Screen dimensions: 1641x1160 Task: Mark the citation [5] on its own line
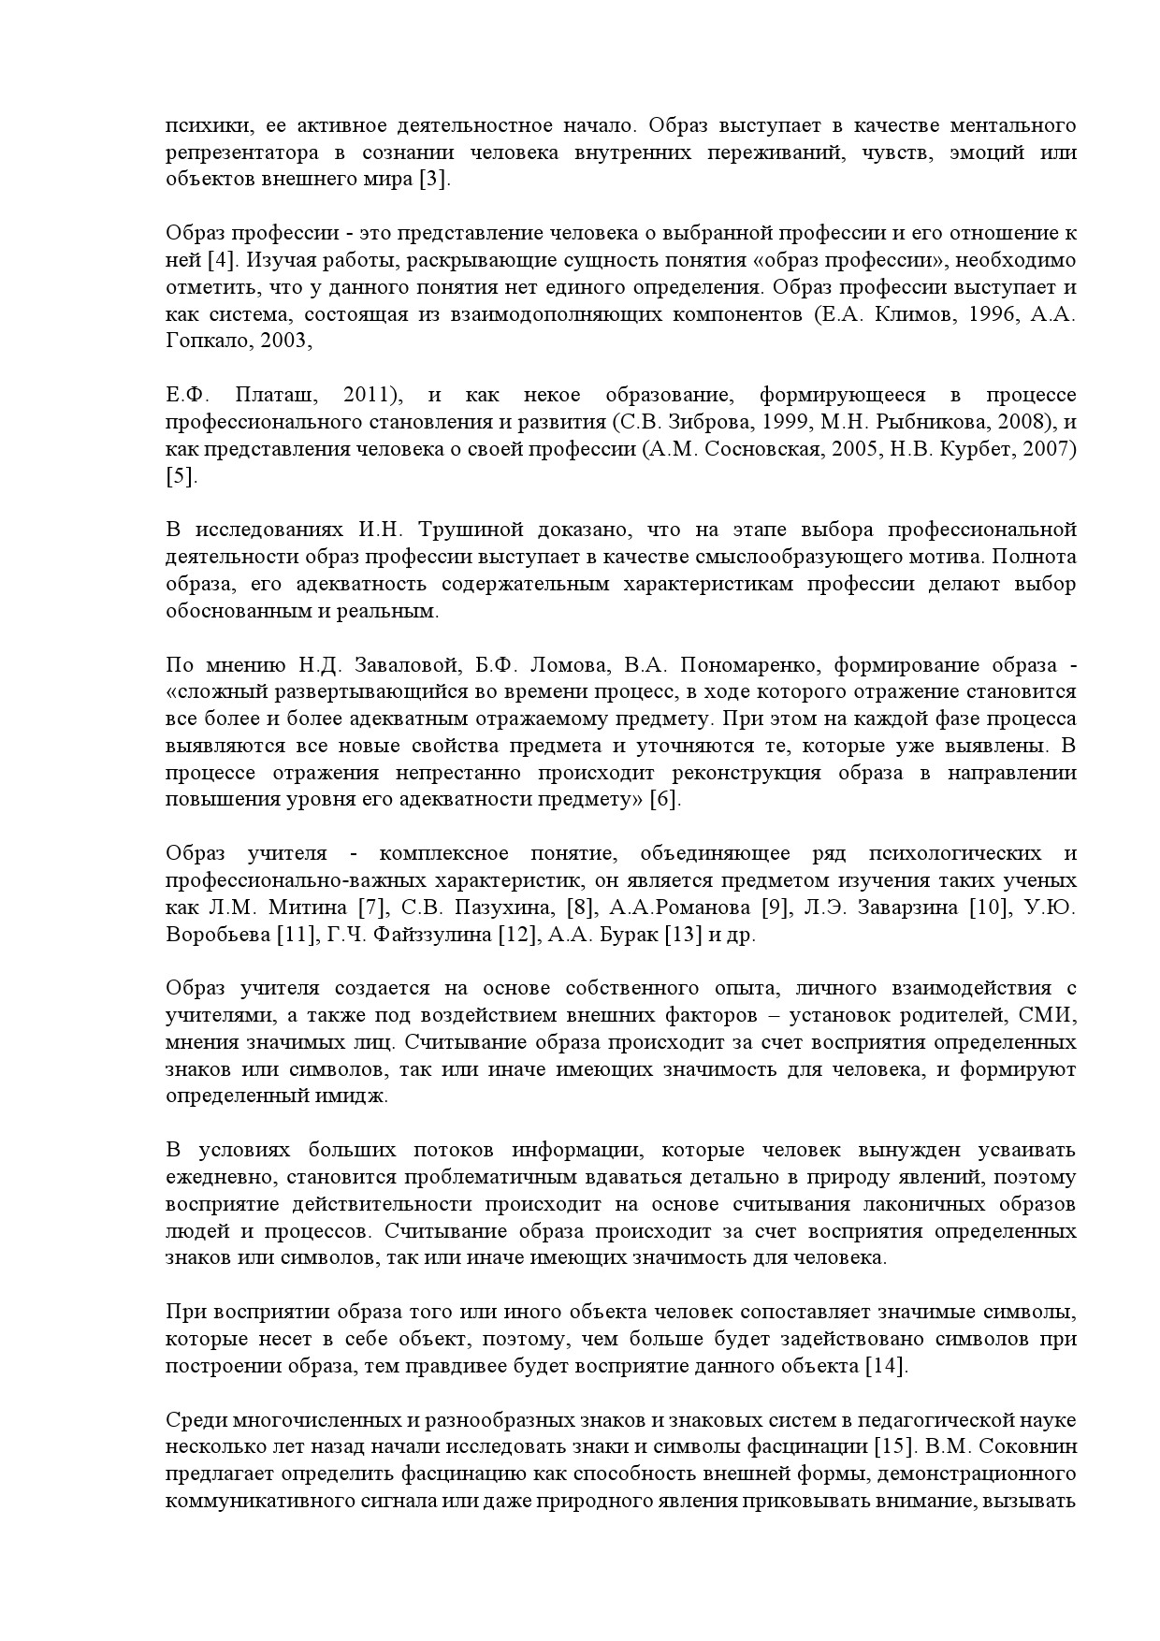181,476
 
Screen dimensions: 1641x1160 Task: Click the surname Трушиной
466,530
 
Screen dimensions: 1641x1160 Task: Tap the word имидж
356,1096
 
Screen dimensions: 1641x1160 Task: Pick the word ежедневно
219,1177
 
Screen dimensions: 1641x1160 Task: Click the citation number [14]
884,1366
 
